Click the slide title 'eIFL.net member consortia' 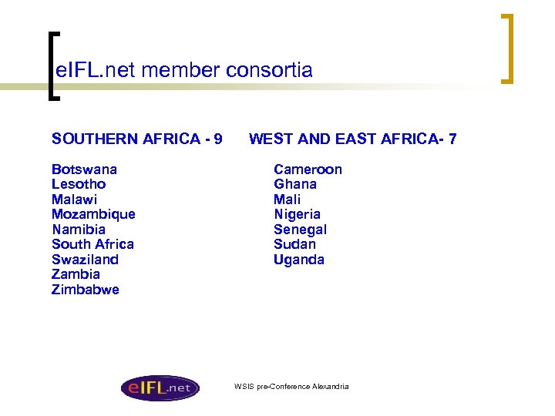tap(183, 71)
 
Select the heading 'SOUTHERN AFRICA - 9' tap(137, 139)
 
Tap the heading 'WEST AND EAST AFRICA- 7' tap(352, 139)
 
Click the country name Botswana tap(85, 169)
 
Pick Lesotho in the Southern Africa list tap(79, 184)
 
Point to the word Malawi tap(74, 200)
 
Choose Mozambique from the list tap(93, 214)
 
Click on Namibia tap(79, 230)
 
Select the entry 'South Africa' tap(92, 244)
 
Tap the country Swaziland tap(85, 260)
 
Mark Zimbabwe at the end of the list tap(86, 290)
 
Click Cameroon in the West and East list tap(308, 169)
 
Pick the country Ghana tap(295, 184)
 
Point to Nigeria tap(297, 214)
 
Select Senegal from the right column tap(300, 230)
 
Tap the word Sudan tap(294, 244)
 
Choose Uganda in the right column tap(299, 260)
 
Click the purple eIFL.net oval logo tap(160, 387)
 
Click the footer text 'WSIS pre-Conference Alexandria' tap(291, 386)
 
